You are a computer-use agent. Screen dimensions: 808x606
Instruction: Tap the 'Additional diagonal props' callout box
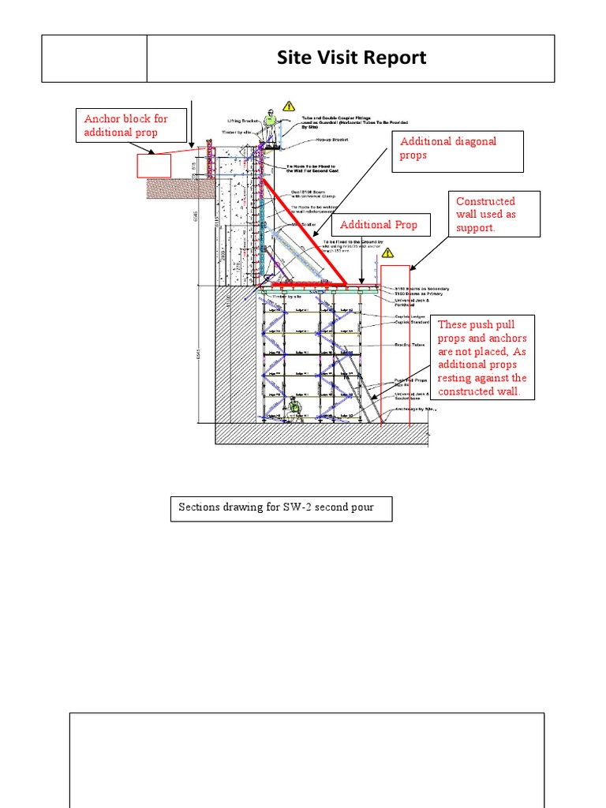pyautogui.click(x=458, y=151)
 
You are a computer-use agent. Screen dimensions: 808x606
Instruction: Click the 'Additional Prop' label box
pyautogui.click(x=379, y=225)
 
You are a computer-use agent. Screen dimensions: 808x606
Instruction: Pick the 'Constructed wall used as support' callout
pyautogui.click(x=495, y=214)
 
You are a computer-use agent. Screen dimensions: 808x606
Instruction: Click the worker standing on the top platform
pyautogui.click(x=271, y=126)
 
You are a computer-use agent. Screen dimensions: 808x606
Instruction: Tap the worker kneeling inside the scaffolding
pyautogui.click(x=295, y=407)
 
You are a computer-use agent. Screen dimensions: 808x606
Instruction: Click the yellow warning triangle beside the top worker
pyautogui.click(x=288, y=105)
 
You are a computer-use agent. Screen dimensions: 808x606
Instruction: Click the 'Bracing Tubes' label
pyautogui.click(x=410, y=345)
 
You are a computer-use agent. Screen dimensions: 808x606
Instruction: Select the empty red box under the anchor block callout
pyautogui.click(x=154, y=166)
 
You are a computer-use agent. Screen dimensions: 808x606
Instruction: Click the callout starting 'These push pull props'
pyautogui.click(x=484, y=358)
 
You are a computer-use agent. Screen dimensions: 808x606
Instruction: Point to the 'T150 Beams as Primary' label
pyautogui.click(x=418, y=294)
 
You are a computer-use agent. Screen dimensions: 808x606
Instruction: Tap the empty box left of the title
pyautogui.click(x=94, y=58)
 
